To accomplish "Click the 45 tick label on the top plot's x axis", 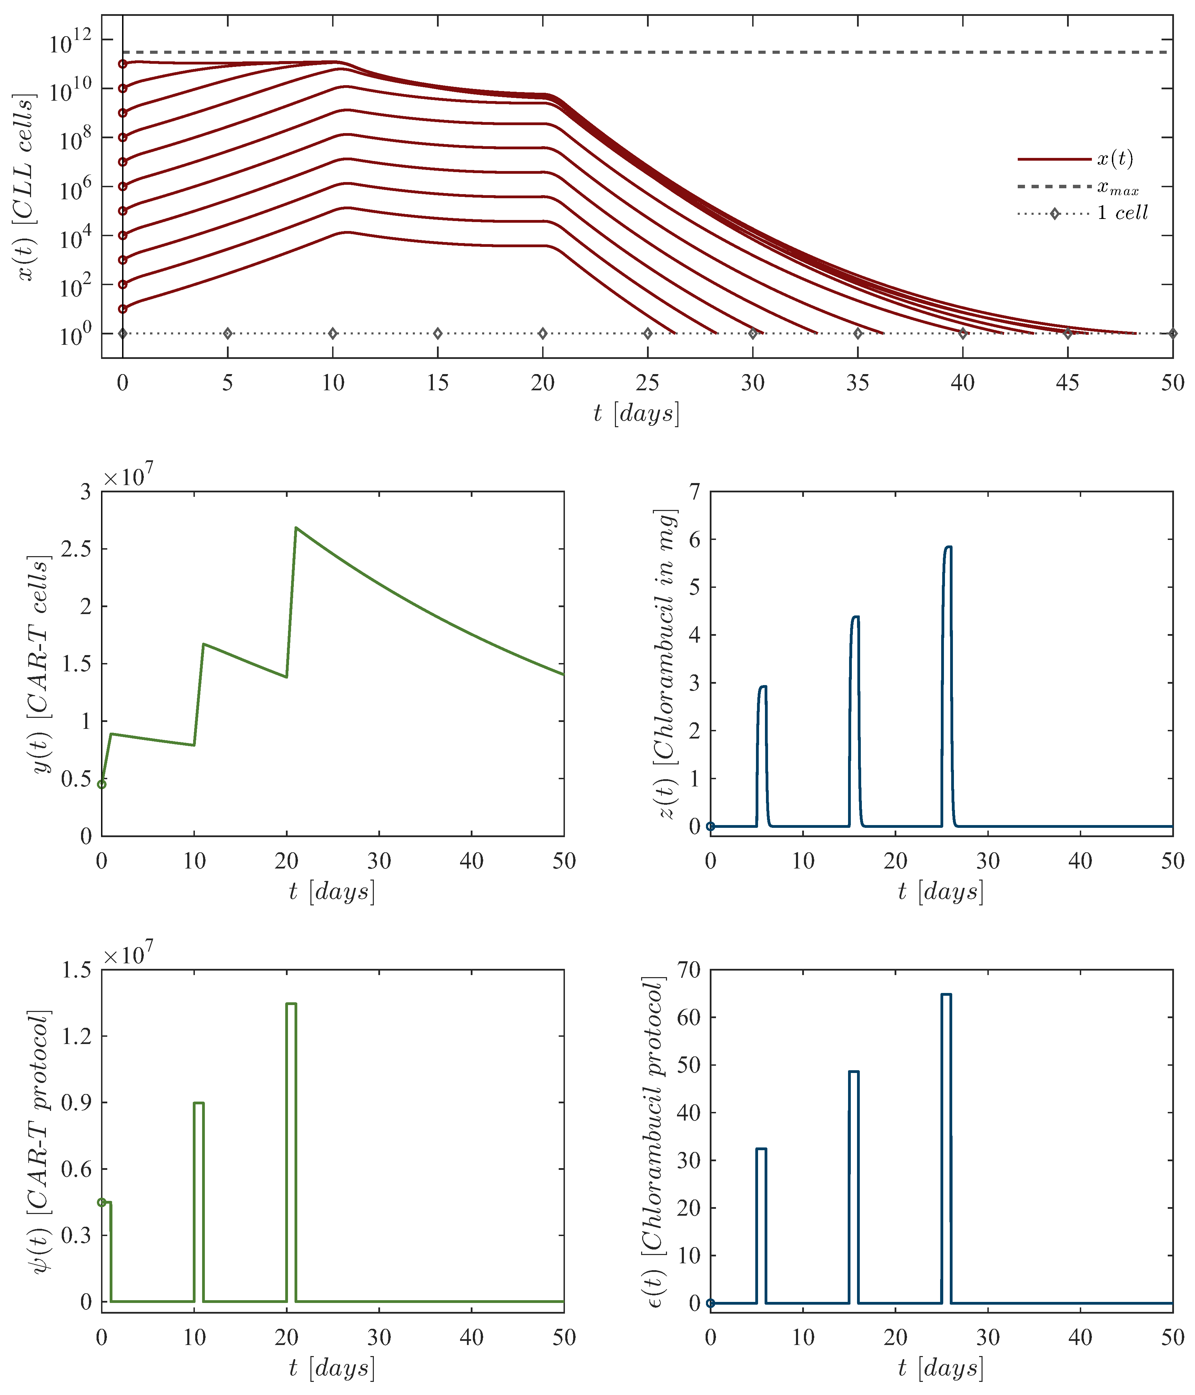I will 1068,383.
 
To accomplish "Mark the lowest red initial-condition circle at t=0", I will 122,309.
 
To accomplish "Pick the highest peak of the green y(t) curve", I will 296,528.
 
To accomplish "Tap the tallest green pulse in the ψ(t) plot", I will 291,1004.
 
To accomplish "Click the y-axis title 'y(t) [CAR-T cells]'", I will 42,664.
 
